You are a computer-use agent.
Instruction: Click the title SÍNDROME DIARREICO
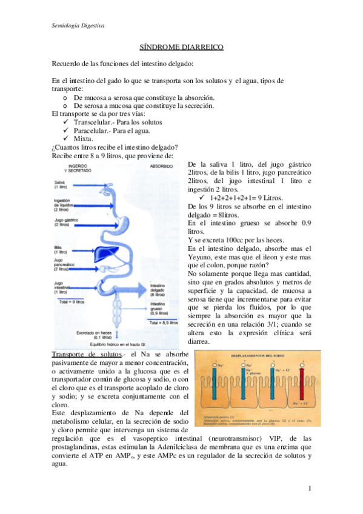[x=181, y=47]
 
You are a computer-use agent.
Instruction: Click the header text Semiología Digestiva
[x=78, y=27]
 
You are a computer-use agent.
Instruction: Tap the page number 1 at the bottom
[x=308, y=488]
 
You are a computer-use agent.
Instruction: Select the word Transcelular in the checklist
[x=95, y=122]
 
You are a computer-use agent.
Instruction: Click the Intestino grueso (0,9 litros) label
[x=159, y=309]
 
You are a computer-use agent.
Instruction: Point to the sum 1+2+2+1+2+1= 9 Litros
[x=248, y=198]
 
